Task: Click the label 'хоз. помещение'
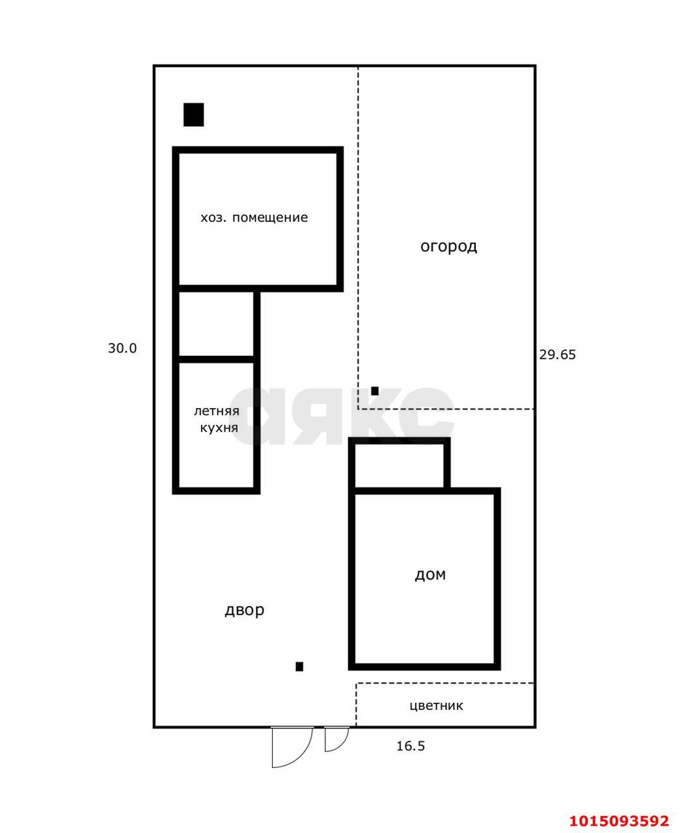click(x=254, y=217)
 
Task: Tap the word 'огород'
click(x=448, y=247)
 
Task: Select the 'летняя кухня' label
click(x=217, y=420)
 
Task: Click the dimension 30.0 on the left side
click(x=122, y=348)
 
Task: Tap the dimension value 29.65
click(x=558, y=355)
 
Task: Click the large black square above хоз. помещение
click(x=193, y=115)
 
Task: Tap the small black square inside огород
click(x=375, y=391)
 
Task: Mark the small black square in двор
click(x=299, y=666)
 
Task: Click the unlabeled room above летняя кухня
click(x=216, y=324)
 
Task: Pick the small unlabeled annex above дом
click(x=399, y=466)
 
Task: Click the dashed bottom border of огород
click(x=446, y=409)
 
